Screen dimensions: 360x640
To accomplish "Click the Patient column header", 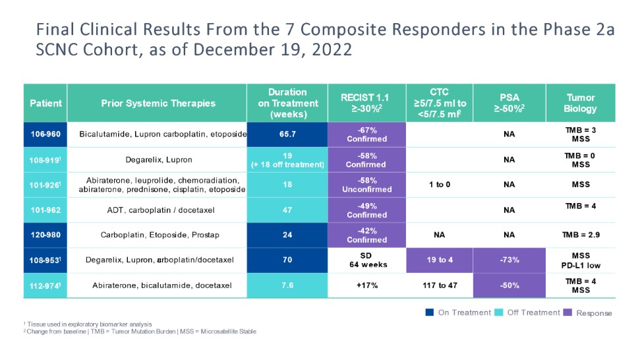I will (45, 104).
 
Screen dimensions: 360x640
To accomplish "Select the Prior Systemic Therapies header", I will (158, 104).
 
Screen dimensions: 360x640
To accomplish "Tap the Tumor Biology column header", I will (580, 104).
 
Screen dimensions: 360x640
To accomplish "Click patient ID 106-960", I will (45, 135).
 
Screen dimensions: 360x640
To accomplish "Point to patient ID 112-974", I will (45, 285).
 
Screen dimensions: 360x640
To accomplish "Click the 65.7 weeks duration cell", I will (288, 135).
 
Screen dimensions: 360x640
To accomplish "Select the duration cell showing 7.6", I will (288, 285).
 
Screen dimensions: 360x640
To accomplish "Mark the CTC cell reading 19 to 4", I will (440, 260).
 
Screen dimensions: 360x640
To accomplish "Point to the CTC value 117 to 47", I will (440, 285).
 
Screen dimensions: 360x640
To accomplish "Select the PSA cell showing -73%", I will (509, 260).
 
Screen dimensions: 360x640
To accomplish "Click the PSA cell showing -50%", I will (509, 285).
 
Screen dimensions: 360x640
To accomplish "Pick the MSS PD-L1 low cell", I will (580, 260).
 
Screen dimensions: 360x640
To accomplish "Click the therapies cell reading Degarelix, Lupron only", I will (158, 160).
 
